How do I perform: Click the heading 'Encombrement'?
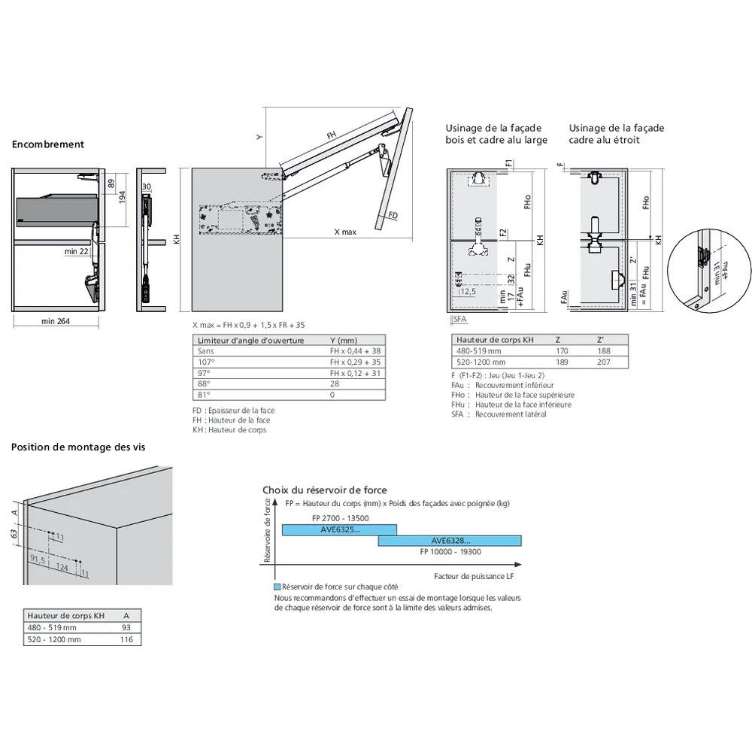[48, 144]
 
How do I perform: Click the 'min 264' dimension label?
[56, 322]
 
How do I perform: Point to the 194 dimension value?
[122, 196]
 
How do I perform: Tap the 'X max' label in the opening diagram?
[345, 232]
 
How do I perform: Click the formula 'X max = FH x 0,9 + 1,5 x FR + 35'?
[249, 325]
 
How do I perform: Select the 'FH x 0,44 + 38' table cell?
[354, 351]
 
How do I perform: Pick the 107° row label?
[204, 362]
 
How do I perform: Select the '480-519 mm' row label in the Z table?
[478, 351]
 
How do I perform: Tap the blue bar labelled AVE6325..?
[339, 530]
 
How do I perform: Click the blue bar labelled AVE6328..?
[450, 541]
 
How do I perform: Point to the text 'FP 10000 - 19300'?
[450, 551]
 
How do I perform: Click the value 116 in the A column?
[126, 639]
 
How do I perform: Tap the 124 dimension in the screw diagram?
[62, 567]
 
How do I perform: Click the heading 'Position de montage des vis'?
[78, 447]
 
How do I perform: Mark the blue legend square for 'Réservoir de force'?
[277, 587]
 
